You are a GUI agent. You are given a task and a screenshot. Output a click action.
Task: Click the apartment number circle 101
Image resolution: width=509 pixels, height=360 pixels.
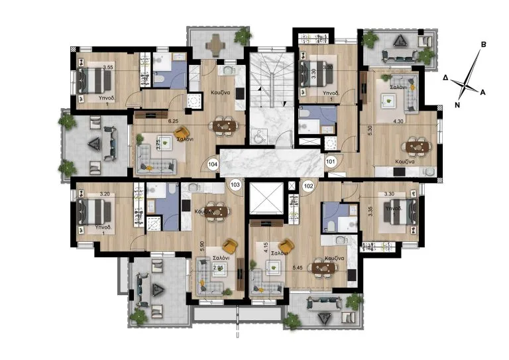point(331,160)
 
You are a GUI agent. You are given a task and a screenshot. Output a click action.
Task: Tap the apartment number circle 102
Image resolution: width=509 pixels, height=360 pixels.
point(308,186)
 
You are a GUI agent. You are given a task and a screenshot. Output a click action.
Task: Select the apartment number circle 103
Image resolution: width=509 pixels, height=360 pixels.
point(235,185)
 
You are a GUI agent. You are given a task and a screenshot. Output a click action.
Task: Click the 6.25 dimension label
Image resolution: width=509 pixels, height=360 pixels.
point(174,121)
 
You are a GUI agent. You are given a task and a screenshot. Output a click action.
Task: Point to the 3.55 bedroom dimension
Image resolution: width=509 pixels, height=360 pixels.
point(109,67)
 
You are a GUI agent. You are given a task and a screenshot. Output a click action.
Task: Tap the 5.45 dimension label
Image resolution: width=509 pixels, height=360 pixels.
point(298,269)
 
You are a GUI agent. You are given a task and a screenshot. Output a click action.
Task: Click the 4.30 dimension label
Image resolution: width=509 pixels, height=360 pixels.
point(399,121)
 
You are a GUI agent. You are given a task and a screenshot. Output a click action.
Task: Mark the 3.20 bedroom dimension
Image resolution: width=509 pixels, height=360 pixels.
point(104,194)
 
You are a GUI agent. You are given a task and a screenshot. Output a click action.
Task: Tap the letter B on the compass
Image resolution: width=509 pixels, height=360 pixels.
point(484,45)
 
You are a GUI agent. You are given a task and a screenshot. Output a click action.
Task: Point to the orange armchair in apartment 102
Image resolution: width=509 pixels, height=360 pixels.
point(288,246)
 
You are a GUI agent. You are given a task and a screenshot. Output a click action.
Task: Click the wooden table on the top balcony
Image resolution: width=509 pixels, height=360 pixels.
point(213,44)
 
